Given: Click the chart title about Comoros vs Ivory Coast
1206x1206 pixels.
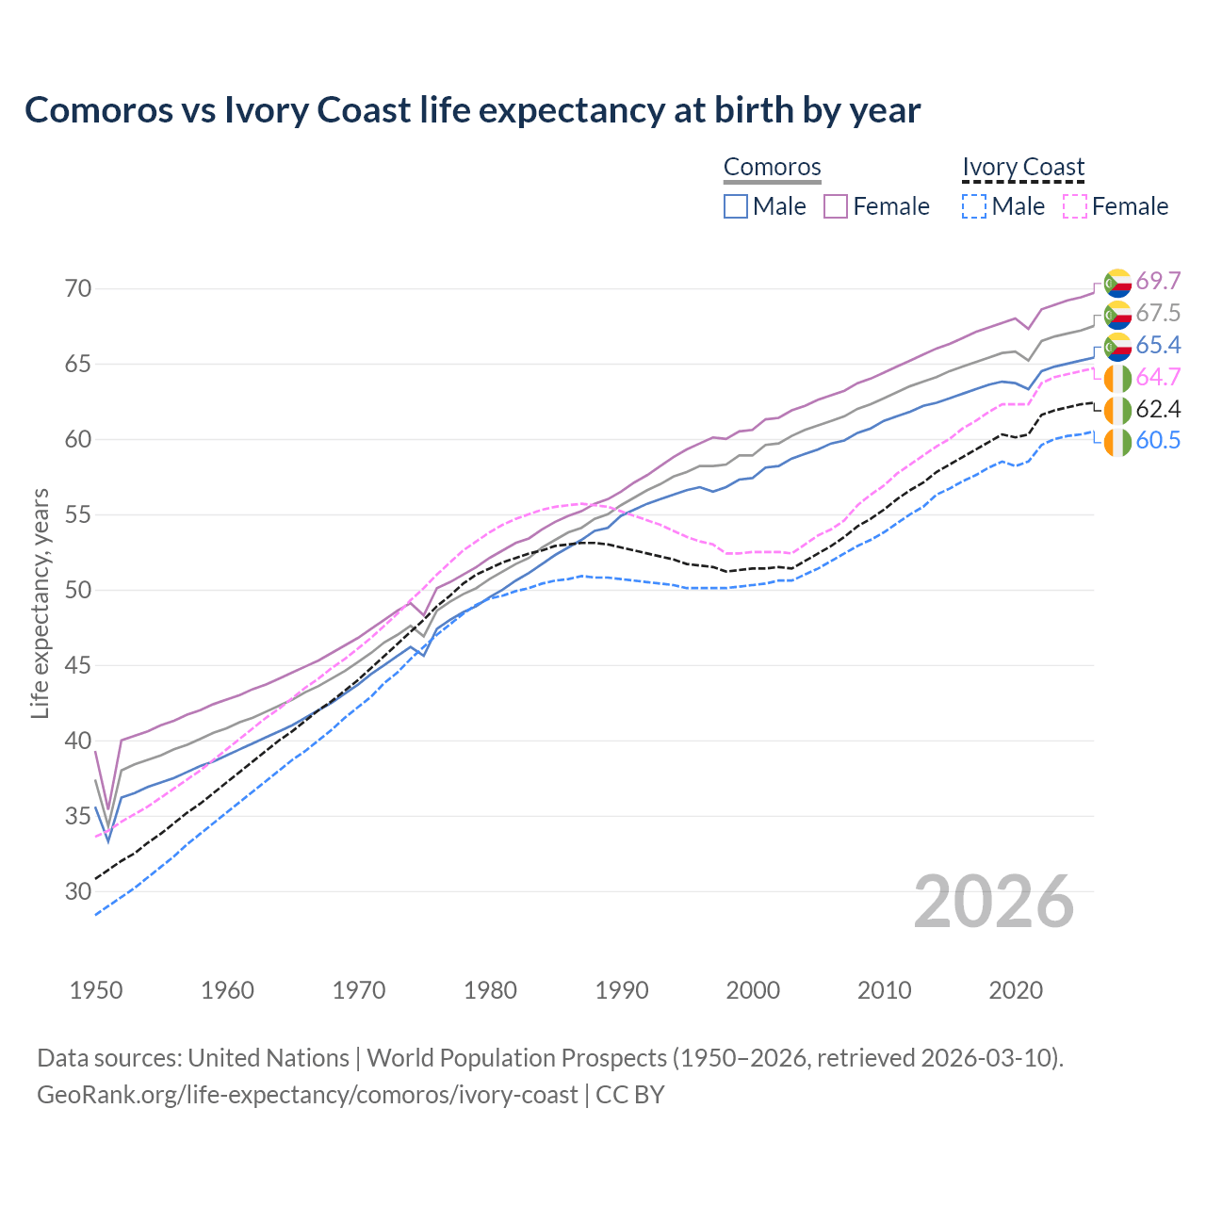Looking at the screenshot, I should [x=472, y=110].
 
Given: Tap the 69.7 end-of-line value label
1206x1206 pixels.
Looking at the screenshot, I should [x=1158, y=281].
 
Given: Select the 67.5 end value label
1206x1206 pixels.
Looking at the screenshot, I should [x=1158, y=313].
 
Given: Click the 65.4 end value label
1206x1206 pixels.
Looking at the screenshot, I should [x=1158, y=345].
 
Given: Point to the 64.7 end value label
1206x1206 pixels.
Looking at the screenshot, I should [x=1158, y=377].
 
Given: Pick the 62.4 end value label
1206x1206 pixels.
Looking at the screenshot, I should [x=1158, y=409].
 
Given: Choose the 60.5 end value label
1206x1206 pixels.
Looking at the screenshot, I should [x=1158, y=440].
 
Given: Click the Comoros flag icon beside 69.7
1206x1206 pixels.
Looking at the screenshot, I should [x=1117, y=282].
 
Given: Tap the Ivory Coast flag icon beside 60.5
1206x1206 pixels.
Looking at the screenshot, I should [x=1117, y=441].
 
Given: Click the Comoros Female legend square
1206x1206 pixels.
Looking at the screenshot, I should [x=836, y=206].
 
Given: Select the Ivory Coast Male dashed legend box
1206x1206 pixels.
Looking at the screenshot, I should [x=974, y=206].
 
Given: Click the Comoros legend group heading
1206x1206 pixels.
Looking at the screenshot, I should [x=772, y=167].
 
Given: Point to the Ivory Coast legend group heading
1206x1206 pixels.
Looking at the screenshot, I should [x=1023, y=167].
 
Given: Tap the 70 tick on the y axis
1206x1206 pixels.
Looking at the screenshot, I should [x=78, y=288].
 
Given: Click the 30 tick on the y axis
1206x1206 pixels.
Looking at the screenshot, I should [x=78, y=891].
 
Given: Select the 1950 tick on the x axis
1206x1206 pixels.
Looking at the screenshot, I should [x=96, y=990].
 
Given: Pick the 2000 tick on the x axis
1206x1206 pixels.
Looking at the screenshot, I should [x=753, y=990].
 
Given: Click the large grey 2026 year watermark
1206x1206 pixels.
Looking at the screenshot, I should [x=994, y=902].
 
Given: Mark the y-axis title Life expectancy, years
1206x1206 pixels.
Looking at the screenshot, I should [x=40, y=603].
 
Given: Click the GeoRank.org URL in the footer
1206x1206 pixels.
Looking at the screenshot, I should [x=307, y=1095].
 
